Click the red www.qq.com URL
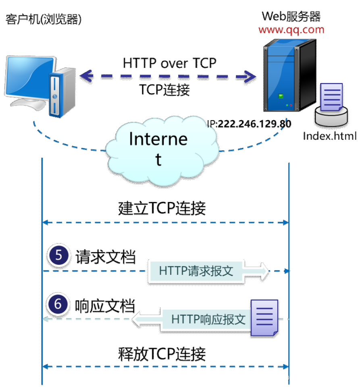(x=291, y=30)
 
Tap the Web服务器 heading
(x=291, y=17)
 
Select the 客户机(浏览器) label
(x=44, y=19)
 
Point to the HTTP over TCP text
(x=170, y=63)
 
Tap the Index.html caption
(x=330, y=136)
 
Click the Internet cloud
(x=162, y=150)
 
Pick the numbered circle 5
(x=58, y=255)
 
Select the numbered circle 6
(x=58, y=304)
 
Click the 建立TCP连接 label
(x=162, y=208)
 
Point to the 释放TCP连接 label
(x=162, y=354)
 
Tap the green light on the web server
(x=281, y=96)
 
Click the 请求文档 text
(x=106, y=257)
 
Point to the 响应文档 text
(x=105, y=306)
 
